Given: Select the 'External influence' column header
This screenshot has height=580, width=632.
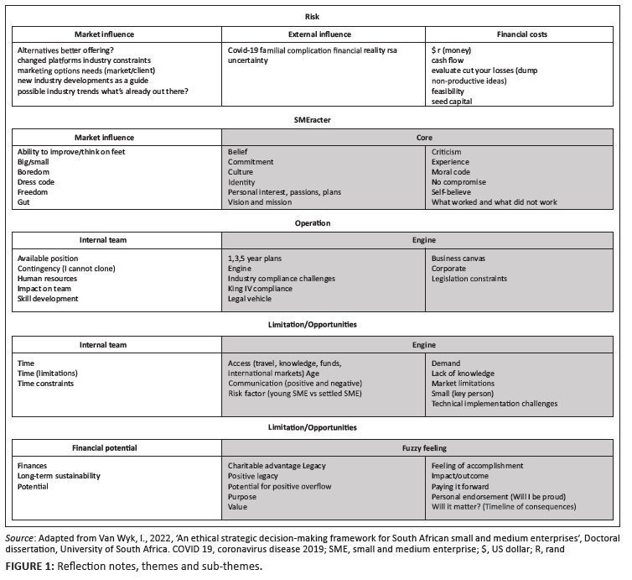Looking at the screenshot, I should pos(319,34).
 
